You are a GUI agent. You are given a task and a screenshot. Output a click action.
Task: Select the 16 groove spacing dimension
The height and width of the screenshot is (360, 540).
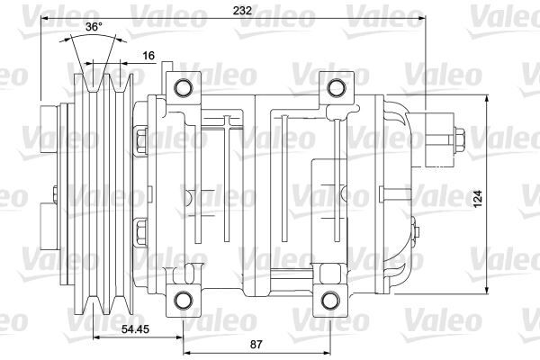pos(148,56)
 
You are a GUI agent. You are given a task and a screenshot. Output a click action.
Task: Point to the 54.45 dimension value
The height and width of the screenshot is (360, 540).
pos(136,330)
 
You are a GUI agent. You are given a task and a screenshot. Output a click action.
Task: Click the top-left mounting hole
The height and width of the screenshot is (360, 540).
pos(183,87)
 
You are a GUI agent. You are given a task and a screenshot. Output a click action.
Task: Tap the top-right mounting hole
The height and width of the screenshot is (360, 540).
pos(336,87)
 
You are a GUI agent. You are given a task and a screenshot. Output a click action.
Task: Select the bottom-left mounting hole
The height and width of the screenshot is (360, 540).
pos(183,300)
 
